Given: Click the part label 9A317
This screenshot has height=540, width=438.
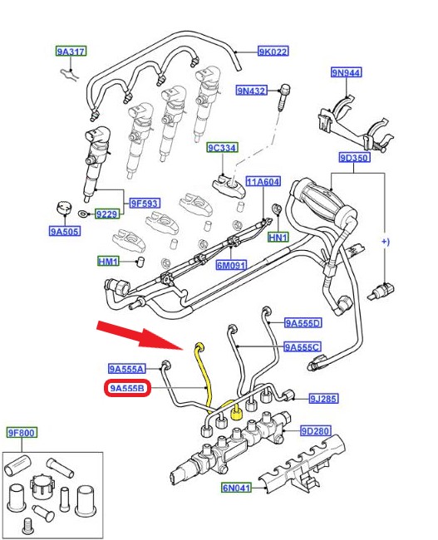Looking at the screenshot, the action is click(71, 52).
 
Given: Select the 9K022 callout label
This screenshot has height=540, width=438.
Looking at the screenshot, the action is click(273, 52).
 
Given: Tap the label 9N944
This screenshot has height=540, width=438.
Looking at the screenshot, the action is click(347, 72).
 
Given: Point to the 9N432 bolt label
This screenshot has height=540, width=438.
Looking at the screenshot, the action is click(252, 91).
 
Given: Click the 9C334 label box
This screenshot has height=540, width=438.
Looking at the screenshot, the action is click(222, 148).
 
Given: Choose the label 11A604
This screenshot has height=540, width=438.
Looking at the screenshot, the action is click(263, 181).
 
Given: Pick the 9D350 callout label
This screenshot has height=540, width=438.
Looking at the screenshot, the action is click(355, 158).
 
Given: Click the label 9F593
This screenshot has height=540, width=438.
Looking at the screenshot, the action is click(145, 204).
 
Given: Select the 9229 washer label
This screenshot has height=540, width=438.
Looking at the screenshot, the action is click(107, 214).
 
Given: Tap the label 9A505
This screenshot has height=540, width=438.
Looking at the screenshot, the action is click(65, 231).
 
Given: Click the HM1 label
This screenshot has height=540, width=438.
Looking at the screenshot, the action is click(108, 262).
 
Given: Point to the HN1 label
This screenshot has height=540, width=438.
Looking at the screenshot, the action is click(278, 237).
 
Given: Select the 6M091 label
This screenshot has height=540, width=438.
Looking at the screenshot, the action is click(231, 265).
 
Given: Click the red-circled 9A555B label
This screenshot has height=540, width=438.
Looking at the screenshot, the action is click(127, 388).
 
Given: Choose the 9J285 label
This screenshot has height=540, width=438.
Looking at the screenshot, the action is click(323, 399).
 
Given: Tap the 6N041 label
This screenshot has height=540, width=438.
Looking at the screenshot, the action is click(236, 488).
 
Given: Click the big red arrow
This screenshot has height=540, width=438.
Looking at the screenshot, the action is click(141, 335).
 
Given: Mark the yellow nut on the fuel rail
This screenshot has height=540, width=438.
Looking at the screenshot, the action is click(236, 413).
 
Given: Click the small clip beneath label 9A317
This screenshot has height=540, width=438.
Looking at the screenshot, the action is click(69, 73).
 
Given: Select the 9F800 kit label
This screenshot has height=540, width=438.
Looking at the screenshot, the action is click(22, 433).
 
